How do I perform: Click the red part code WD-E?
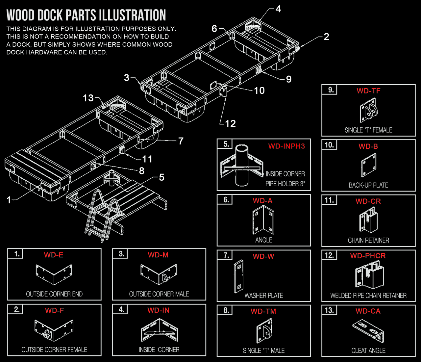(54, 255)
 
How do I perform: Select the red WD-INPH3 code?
(286, 146)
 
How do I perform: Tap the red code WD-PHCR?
(368, 256)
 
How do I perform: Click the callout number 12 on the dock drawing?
(230, 124)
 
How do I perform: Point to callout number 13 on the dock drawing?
(88, 98)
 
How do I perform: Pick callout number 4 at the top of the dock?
(278, 9)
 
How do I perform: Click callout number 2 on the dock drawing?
(326, 37)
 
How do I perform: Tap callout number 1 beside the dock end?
(9, 200)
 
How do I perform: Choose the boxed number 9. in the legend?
(331, 90)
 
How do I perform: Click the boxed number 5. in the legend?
(226, 144)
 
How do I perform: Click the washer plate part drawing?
(239, 276)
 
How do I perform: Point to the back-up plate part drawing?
(368, 165)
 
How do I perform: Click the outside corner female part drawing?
(54, 330)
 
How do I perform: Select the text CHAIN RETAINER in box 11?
(368, 241)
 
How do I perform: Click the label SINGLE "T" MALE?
(264, 351)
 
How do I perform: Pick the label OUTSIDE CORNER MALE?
(159, 294)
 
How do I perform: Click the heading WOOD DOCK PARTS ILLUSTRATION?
(86, 15)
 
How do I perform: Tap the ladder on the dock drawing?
(102, 214)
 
